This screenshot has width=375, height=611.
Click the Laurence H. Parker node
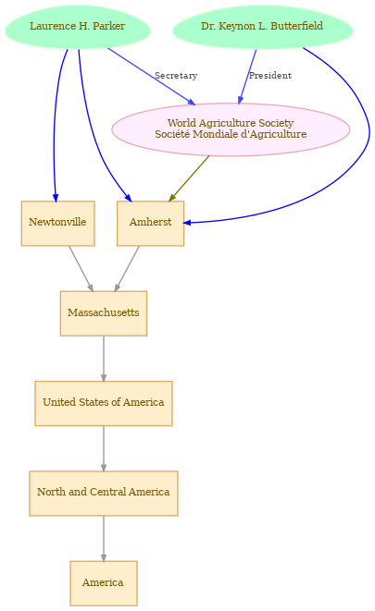(x=78, y=27)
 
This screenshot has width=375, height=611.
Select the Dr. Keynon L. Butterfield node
(x=262, y=27)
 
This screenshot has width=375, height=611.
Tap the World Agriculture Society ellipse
(x=231, y=129)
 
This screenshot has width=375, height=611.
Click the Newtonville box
(x=57, y=224)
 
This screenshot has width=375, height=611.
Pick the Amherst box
(x=150, y=224)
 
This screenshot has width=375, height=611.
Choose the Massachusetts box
(x=104, y=313)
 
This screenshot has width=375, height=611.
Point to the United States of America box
(x=104, y=403)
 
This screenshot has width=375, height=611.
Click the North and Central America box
(x=104, y=494)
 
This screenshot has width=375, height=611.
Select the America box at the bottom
(x=104, y=583)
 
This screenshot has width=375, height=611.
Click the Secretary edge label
(x=176, y=76)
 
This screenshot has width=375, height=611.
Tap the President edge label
(x=270, y=76)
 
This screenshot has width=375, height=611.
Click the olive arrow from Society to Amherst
(x=189, y=178)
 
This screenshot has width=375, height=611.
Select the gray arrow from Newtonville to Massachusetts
(x=81, y=268)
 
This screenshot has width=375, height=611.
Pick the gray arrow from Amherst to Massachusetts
(x=127, y=268)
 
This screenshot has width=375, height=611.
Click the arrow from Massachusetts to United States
(x=104, y=359)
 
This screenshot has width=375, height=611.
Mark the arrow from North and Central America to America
(x=104, y=539)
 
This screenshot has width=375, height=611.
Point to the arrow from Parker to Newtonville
(x=55, y=125)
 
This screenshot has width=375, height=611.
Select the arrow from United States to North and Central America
(x=104, y=448)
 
